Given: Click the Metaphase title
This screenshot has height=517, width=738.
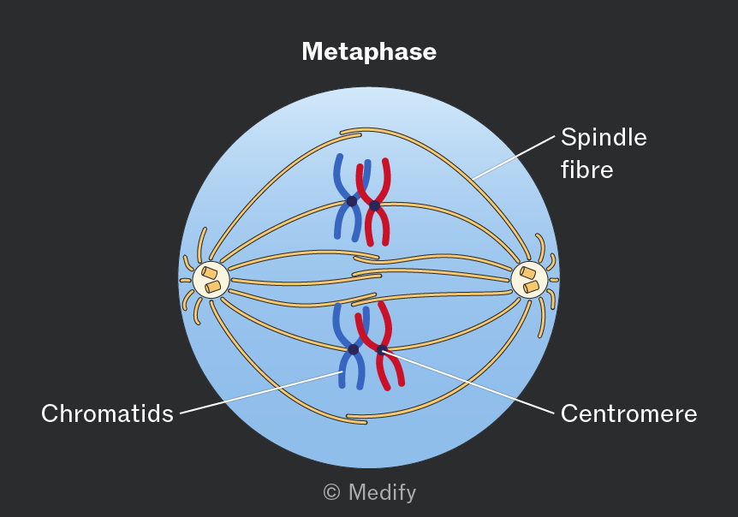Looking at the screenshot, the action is tap(369, 51).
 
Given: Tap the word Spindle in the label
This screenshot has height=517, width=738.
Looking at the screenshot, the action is tap(604, 137).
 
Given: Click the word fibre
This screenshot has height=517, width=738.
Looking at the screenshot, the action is tap(587, 169).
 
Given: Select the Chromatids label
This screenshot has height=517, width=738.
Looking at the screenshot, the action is tap(107, 413).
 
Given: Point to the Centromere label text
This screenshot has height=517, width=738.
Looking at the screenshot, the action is tap(628, 413).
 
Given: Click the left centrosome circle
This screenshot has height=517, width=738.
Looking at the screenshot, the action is tap(211, 279).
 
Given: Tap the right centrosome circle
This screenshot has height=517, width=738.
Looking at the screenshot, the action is tap(529, 279).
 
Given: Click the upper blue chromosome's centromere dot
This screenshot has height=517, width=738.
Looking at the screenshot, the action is tap(352, 201).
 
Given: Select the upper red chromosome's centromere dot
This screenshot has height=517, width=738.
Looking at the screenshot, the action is tap(374, 205).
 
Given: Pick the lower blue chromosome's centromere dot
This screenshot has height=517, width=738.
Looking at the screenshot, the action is tap(353, 349).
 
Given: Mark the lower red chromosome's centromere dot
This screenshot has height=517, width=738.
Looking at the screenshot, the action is tap(382, 350).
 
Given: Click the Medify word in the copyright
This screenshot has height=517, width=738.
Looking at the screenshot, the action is tap(382, 492).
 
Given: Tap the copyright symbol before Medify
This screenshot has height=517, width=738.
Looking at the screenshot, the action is tap(332, 492).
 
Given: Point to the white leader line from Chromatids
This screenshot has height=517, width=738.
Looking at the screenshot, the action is tap(262, 392).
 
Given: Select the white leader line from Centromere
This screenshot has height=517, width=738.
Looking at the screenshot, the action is tap(469, 383).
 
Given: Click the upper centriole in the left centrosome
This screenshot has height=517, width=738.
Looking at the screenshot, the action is tap(210, 273).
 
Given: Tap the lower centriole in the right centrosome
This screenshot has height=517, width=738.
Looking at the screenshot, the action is tap(532, 287).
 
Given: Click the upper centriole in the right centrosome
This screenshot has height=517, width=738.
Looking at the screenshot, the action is tap(527, 273).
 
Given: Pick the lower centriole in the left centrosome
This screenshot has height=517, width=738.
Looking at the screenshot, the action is tap(212, 287).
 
